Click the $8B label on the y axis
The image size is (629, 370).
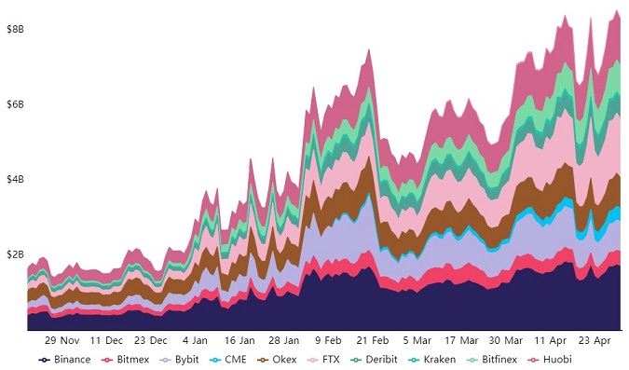(x=15, y=29)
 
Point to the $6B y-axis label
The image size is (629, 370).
(x=15, y=104)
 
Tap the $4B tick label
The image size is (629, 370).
(x=15, y=179)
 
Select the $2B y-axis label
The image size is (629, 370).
(x=15, y=254)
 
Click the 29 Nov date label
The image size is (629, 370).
(x=62, y=341)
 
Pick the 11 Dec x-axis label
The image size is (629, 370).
(x=106, y=341)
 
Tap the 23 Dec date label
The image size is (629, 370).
(x=150, y=341)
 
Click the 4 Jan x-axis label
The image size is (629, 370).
(x=195, y=341)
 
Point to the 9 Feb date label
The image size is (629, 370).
(x=328, y=341)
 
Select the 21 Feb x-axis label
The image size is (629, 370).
(x=373, y=341)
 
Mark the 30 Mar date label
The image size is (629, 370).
(x=505, y=341)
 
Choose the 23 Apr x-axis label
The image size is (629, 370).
(x=595, y=341)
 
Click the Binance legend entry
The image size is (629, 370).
(x=64, y=360)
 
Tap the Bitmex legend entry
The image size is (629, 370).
(x=126, y=360)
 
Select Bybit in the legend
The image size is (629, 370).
(x=179, y=360)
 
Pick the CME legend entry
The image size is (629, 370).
(x=228, y=360)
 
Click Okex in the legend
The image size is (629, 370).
(x=277, y=360)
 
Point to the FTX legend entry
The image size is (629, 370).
(x=323, y=360)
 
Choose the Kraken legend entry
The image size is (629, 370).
(x=432, y=360)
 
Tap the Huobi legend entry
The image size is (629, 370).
(x=550, y=360)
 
